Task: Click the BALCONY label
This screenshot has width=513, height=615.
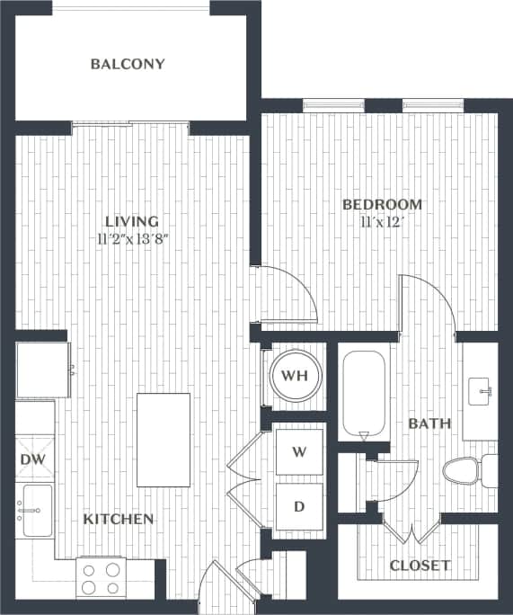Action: pyautogui.click(x=128, y=64)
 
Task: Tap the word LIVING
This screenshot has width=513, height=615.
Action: pyautogui.click(x=131, y=221)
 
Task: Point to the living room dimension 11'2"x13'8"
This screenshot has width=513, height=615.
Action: pyautogui.click(x=131, y=239)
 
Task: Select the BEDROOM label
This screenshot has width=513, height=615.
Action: pyautogui.click(x=382, y=204)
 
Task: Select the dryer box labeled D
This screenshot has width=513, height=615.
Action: pyautogui.click(x=299, y=507)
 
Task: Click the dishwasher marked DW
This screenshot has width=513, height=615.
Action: pyautogui.click(x=33, y=460)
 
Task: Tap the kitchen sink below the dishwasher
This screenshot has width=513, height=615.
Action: pyautogui.click(x=36, y=511)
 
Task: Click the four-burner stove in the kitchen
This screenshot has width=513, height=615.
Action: pyautogui.click(x=103, y=577)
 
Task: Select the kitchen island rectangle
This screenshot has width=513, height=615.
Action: pyautogui.click(x=163, y=440)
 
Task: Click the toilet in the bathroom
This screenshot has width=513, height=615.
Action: pyautogui.click(x=467, y=470)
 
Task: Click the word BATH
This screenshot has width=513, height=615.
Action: pyautogui.click(x=429, y=423)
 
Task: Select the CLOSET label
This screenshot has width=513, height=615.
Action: pyautogui.click(x=420, y=566)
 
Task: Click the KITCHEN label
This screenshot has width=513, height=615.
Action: pyautogui.click(x=119, y=520)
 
